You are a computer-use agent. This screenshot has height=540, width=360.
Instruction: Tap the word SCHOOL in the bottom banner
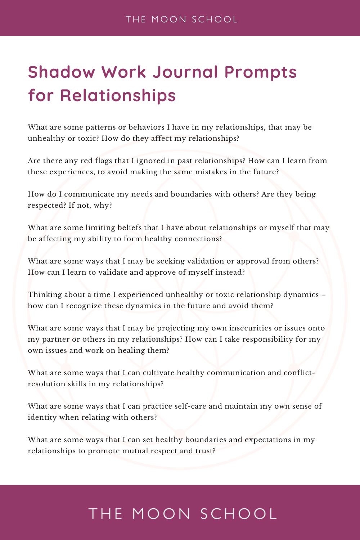click(239, 514)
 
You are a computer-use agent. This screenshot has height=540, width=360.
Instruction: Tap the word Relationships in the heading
click(118, 95)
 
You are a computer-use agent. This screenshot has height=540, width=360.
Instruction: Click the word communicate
click(89, 194)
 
